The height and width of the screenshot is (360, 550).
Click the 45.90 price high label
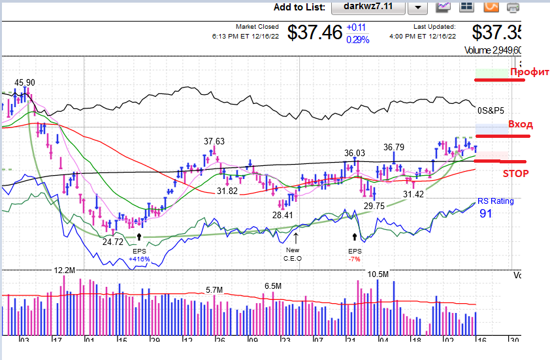tap(25, 82)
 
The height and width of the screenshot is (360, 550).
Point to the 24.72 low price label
tap(112, 241)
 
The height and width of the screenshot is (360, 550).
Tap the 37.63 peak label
tap(214, 141)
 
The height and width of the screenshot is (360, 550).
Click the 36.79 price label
tap(394, 147)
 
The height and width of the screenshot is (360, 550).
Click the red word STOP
tap(515, 174)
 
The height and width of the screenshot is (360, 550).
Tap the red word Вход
tap(520, 124)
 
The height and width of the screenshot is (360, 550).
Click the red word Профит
tap(529, 72)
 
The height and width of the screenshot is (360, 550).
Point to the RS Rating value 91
tap(486, 213)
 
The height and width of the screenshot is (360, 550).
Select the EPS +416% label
tap(139, 255)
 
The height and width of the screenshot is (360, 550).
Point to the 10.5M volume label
tap(378, 274)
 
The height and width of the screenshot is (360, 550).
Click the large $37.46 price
tap(315, 33)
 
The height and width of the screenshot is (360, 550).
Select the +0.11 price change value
tap(356, 27)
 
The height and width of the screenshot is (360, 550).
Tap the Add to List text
tap(299, 7)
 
